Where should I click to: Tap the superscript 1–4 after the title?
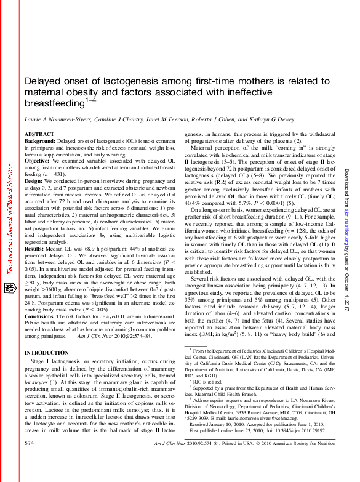click(92, 100)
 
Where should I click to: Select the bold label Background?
click(40, 142)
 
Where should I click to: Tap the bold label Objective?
click(38, 161)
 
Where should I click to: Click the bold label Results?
click(35, 236)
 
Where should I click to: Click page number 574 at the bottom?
click(30, 460)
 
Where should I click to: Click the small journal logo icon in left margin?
click(8, 287)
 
